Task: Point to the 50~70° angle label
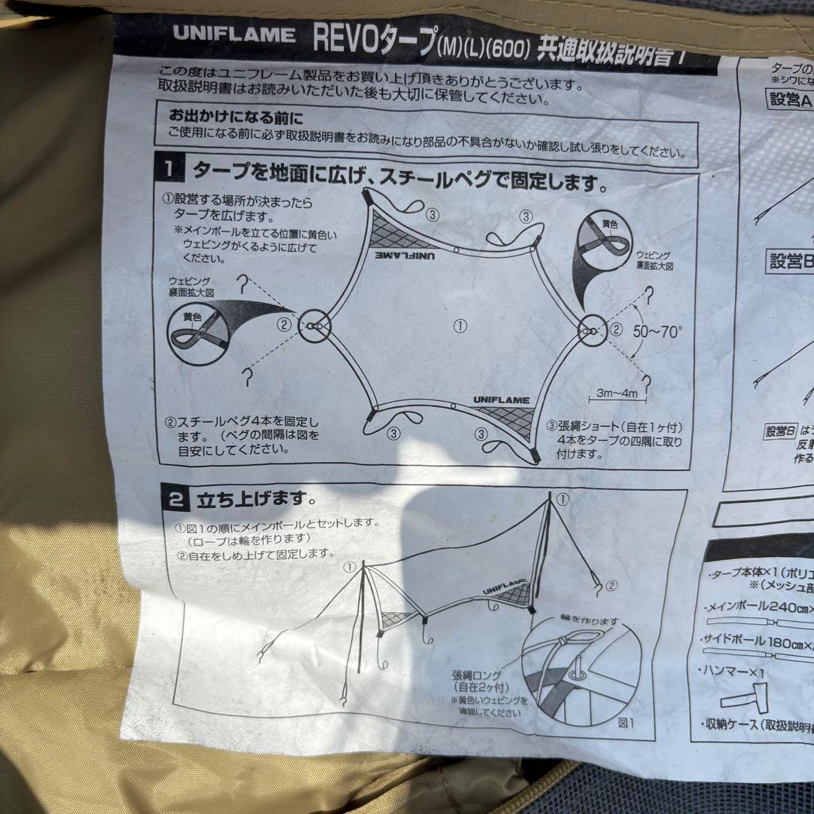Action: click(657, 330)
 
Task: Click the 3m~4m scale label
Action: click(616, 393)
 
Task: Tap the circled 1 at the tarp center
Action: click(461, 326)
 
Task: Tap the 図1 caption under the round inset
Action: click(626, 721)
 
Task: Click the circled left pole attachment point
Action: click(314, 326)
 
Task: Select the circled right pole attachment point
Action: click(592, 330)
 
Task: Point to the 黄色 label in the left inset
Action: click(193, 317)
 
